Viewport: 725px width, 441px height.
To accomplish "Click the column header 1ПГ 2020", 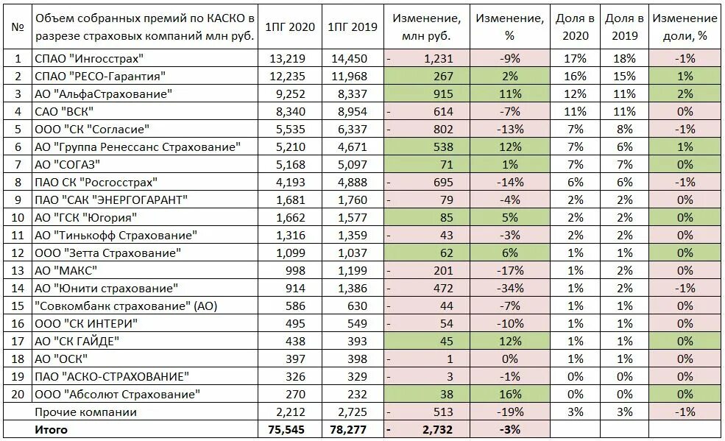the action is click(290, 27).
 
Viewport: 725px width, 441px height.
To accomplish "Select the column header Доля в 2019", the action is click(624, 27).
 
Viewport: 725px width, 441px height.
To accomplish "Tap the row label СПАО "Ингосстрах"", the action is click(89, 58).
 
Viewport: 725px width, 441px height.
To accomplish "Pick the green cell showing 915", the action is click(443, 94).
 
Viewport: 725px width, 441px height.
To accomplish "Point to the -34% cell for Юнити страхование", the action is click(510, 289).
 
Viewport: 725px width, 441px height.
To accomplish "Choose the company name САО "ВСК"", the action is click(64, 111).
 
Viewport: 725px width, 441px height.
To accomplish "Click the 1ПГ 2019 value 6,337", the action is click(353, 130).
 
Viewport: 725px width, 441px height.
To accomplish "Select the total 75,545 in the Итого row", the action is click(286, 430).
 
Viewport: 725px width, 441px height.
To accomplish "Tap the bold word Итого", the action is click(51, 430).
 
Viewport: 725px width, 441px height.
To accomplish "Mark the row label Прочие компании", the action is click(85, 412).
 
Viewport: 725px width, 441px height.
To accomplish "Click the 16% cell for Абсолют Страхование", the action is click(510, 395).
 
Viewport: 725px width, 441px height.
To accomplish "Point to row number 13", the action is click(18, 270).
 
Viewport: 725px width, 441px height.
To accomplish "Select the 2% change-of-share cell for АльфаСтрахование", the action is click(685, 94).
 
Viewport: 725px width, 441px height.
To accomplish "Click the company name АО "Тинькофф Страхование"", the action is click(116, 236).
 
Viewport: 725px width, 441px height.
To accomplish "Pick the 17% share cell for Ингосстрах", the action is click(575, 59).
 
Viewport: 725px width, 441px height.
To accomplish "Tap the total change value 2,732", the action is click(437, 430).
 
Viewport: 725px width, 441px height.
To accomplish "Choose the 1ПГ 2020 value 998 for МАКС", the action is click(295, 271).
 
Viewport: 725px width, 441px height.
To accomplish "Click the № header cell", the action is click(18, 27).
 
